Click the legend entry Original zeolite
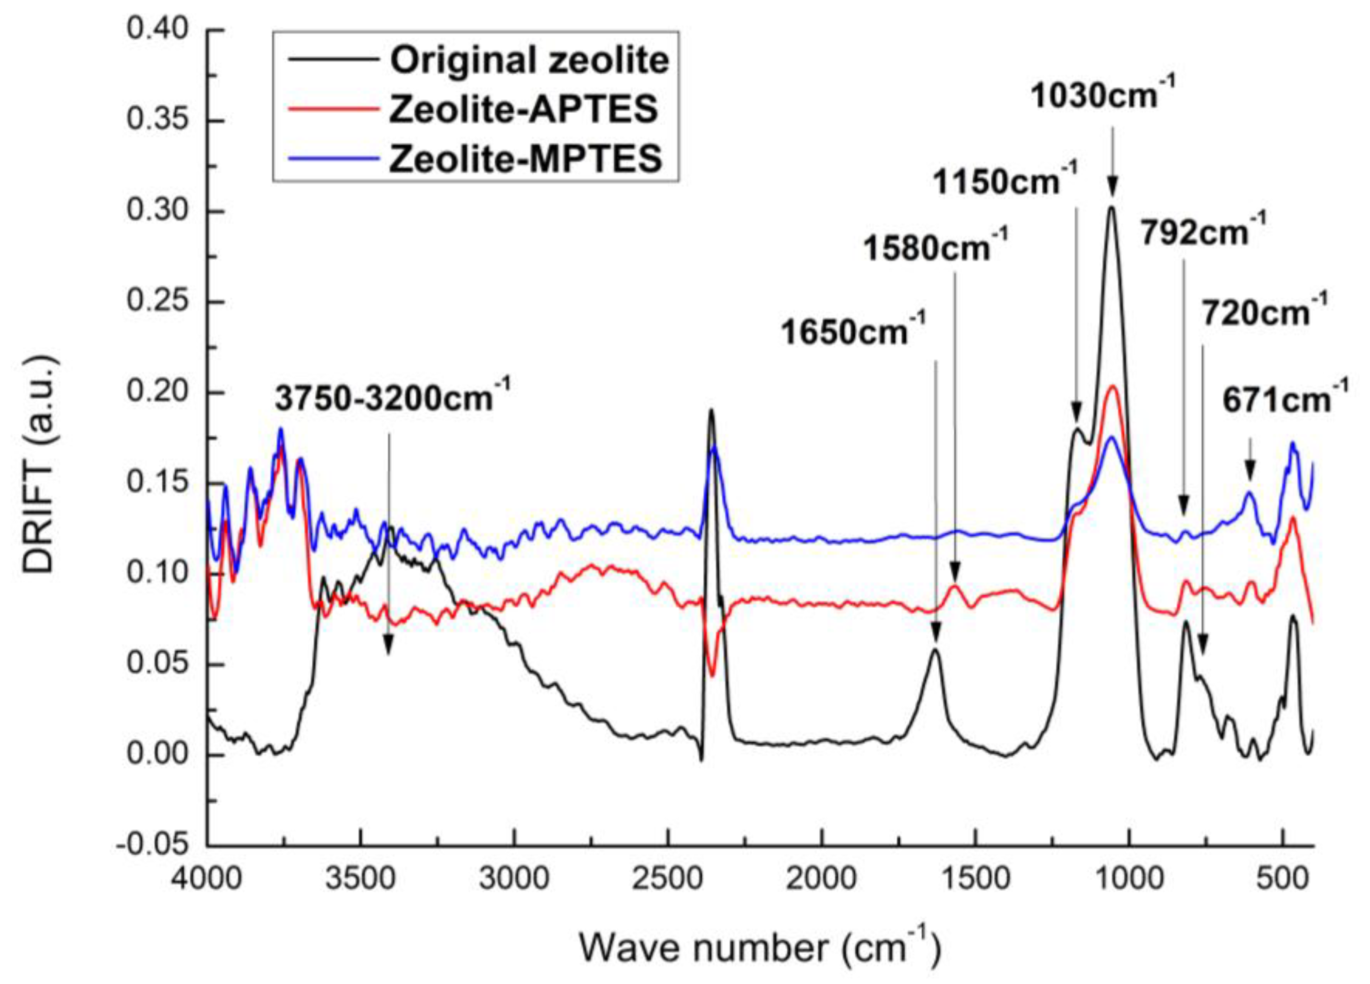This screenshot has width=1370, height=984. (529, 60)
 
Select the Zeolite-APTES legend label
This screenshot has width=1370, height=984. (523, 110)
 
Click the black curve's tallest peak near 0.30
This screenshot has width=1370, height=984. (1111, 209)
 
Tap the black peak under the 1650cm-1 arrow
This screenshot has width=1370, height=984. (935, 650)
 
